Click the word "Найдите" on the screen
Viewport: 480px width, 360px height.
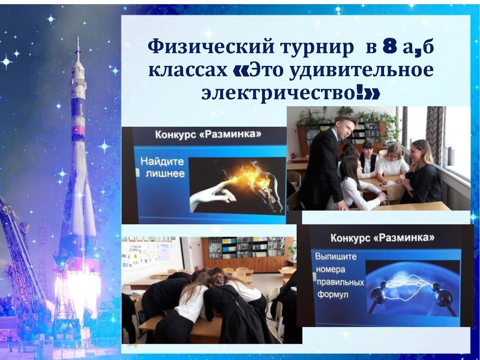[x=161, y=161]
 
